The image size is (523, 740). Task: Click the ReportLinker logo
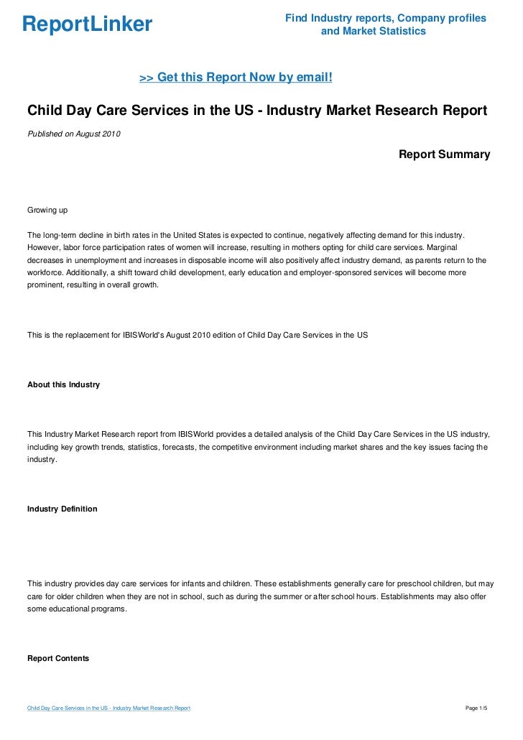pos(87,25)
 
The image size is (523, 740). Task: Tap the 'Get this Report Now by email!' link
pos(236,77)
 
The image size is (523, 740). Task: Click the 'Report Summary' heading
pos(444,154)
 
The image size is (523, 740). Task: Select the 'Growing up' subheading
pos(47,211)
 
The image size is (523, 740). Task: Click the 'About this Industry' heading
pos(63,385)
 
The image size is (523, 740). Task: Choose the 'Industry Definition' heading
pos(62,509)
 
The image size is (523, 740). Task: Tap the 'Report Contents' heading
pos(58,657)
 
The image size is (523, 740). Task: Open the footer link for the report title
pos(108,708)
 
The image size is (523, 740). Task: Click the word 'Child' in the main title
pos(45,111)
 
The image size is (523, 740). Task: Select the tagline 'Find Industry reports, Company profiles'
pos(385,17)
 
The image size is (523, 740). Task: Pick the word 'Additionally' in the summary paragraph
pos(87,272)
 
